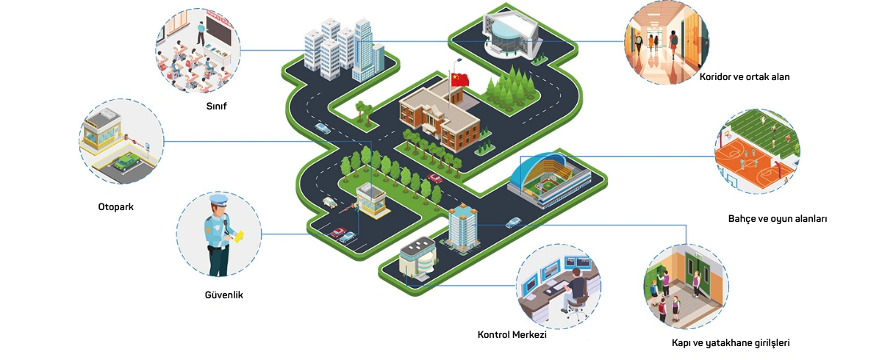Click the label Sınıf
tap(216, 106)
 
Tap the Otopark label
tap(115, 206)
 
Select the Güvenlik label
tap(223, 295)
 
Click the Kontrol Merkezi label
tap(512, 335)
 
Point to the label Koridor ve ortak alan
tap(744, 76)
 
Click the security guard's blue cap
tap(219, 200)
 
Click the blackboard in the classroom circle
tap(219, 32)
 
